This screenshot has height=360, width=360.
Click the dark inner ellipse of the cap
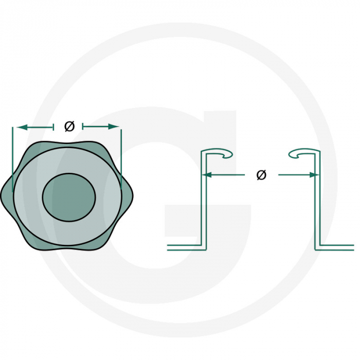[69, 197]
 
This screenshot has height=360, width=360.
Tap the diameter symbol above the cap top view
[70, 126]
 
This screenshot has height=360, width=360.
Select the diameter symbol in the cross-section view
[261, 175]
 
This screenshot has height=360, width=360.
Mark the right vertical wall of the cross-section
[318, 206]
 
